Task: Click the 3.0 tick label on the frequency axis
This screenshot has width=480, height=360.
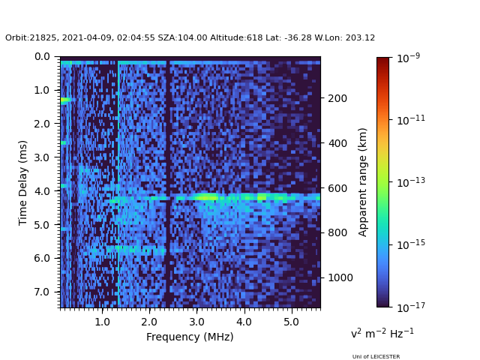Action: pyautogui.click(x=196, y=322)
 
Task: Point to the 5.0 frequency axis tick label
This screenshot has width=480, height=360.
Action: pyautogui.click(x=291, y=322)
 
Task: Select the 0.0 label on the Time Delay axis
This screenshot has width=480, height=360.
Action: pyautogui.click(x=42, y=57)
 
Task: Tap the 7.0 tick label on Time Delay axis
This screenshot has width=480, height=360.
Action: pyautogui.click(x=42, y=292)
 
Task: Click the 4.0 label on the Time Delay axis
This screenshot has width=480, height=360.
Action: pyautogui.click(x=42, y=191)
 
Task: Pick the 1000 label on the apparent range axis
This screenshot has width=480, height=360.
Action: pyautogui.click(x=340, y=277)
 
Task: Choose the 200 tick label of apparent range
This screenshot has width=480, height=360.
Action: pyautogui.click(x=337, y=98)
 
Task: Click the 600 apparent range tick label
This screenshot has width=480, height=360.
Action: pyautogui.click(x=337, y=188)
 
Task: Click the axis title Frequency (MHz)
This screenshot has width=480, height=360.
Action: pyautogui.click(x=190, y=337)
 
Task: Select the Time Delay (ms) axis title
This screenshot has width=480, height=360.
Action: pyautogui.click(x=22, y=183)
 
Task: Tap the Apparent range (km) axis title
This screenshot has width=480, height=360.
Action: pyautogui.click(x=362, y=182)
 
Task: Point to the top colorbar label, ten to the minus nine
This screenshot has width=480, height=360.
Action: pyautogui.click(x=408, y=58)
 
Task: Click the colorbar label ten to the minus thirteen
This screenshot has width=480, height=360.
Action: pyautogui.click(x=411, y=182)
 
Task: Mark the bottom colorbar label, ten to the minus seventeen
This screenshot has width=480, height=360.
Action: pyautogui.click(x=411, y=307)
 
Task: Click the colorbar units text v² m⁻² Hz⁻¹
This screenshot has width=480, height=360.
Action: pyautogui.click(x=382, y=333)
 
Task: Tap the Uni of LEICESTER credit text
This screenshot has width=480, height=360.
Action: pyautogui.click(x=376, y=357)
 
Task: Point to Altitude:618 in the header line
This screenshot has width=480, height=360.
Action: pyautogui.click(x=236, y=37)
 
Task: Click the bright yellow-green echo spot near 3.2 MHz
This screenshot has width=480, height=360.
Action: pyautogui.click(x=207, y=197)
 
